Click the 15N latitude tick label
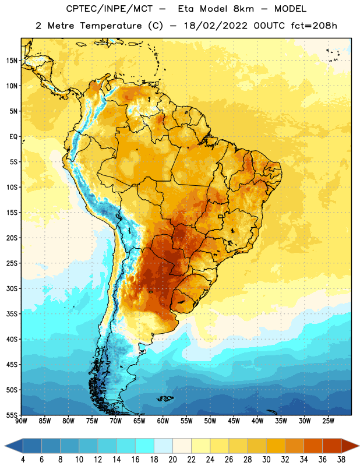pyautogui.click(x=12, y=61)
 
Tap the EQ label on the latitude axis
pyautogui.click(x=13, y=137)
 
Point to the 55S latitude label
pyautogui.click(x=12, y=415)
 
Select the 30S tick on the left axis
pyautogui.click(x=12, y=288)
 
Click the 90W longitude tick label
pyautogui.click(x=22, y=421)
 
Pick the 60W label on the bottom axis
pyautogui.click(x=163, y=421)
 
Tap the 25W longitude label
pyautogui.click(x=328, y=421)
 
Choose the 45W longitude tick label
pyautogui.click(x=234, y=421)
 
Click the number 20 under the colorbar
pyautogui.click(x=172, y=460)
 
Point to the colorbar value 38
pyautogui.click(x=341, y=460)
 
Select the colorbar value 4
pyautogui.click(x=23, y=460)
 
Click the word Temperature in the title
pyautogui.click(x=111, y=26)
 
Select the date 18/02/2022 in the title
pyautogui.click(x=216, y=26)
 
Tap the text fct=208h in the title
pyautogui.click(x=314, y=26)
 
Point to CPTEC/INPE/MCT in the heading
pyautogui.click(x=110, y=9)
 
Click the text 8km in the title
pyautogui.click(x=243, y=9)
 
